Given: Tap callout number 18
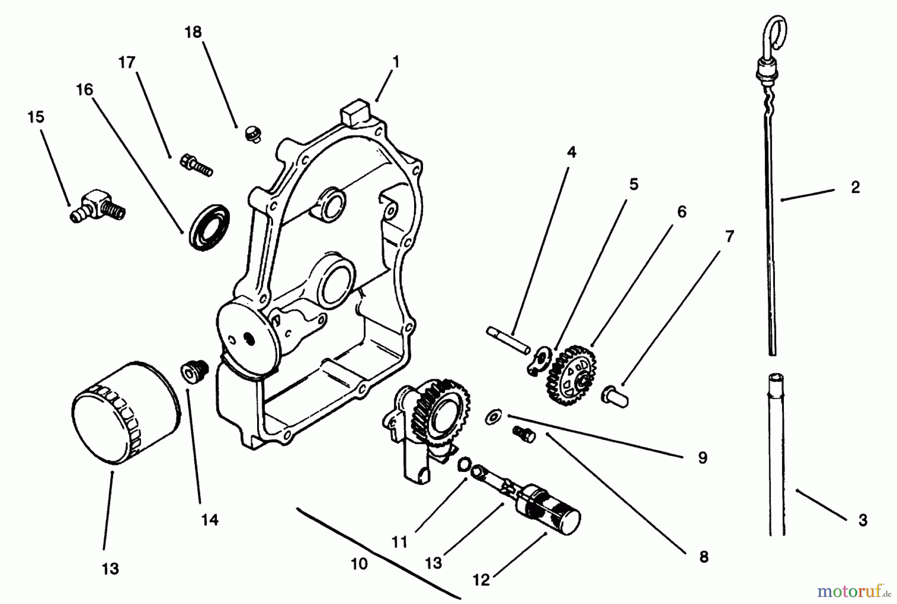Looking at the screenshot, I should pos(193,32).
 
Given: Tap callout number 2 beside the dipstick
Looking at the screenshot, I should pos(855,187).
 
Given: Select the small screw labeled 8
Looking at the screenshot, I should pos(523,434).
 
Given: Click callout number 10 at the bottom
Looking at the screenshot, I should pos(359,564).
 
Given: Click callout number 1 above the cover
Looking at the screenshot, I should pos(396,62).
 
